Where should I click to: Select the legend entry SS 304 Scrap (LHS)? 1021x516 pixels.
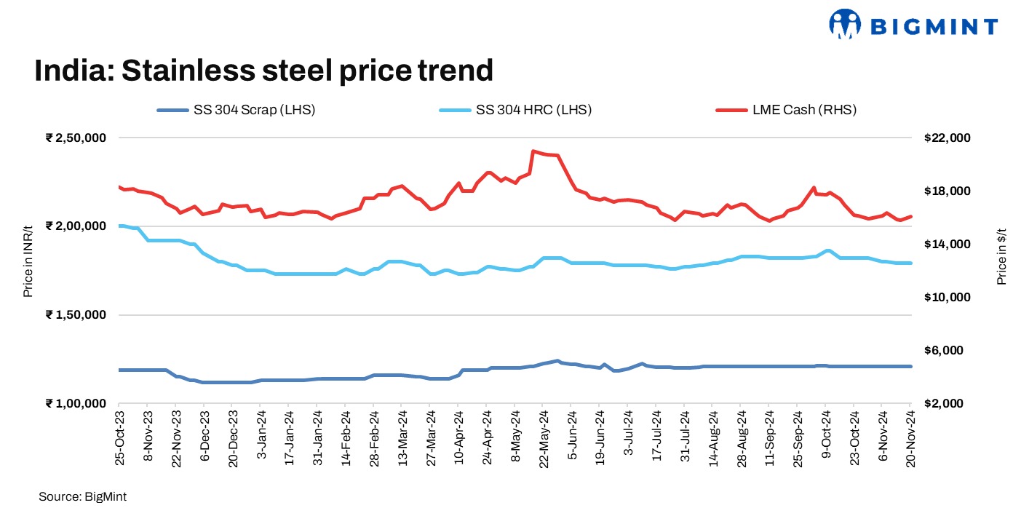(x=237, y=110)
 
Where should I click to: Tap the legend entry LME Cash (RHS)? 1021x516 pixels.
(x=786, y=110)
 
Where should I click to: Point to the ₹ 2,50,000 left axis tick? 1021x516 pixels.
(x=76, y=138)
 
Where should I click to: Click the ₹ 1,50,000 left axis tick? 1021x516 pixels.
(x=76, y=315)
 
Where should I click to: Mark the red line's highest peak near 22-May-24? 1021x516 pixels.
(x=533, y=151)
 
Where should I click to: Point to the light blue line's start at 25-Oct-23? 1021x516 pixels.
(x=119, y=226)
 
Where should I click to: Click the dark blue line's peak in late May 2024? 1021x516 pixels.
(x=557, y=360)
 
